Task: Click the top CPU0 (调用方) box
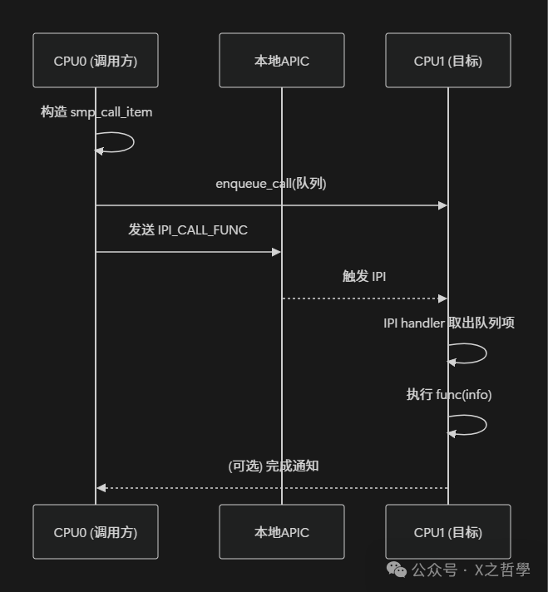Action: [x=96, y=61]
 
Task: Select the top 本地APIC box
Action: [x=281, y=61]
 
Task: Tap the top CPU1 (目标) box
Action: [x=448, y=61]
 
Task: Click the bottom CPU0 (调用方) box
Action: [x=96, y=532]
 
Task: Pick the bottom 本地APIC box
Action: [x=281, y=532]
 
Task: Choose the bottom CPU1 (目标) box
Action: [x=448, y=532]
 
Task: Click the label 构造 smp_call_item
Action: [x=96, y=111]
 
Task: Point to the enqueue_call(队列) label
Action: [x=271, y=184]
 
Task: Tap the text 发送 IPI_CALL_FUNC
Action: [x=188, y=230]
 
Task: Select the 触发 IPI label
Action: [x=364, y=277]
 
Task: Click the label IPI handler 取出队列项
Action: [x=448, y=323]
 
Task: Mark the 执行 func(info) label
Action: [x=448, y=395]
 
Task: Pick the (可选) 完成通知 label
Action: [x=274, y=466]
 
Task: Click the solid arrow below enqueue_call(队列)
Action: [x=271, y=205]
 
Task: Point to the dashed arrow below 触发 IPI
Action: [x=364, y=298]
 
